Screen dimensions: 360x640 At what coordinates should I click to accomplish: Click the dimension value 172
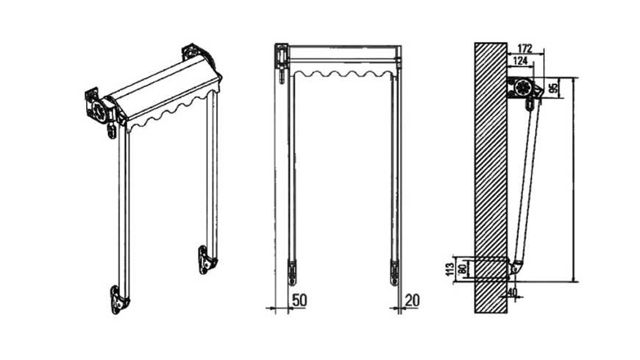[x=525, y=48]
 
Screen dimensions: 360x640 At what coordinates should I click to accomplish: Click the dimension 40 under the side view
[x=513, y=292]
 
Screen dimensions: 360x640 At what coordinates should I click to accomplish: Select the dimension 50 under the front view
[x=300, y=300]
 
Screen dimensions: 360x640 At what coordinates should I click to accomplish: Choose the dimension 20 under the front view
[x=413, y=300]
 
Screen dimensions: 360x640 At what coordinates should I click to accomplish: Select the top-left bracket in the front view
[x=282, y=57]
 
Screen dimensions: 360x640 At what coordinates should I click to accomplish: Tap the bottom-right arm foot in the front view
[x=394, y=270]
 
